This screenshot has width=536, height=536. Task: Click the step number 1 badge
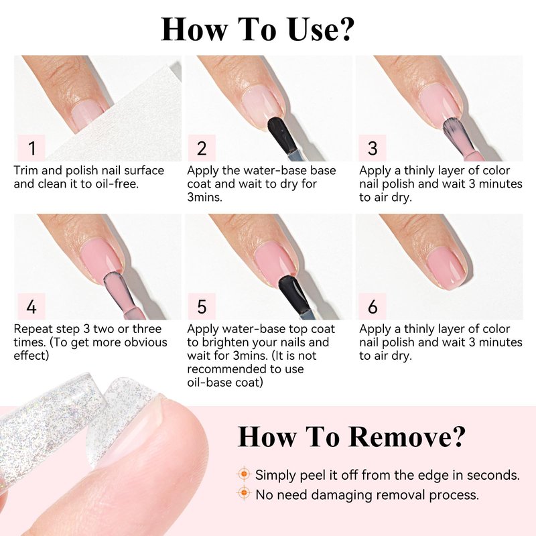tap(31, 147)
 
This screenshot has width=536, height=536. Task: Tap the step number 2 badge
tap(202, 147)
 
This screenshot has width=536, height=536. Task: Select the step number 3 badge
tap(373, 147)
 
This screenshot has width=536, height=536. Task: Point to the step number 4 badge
tap(31, 306)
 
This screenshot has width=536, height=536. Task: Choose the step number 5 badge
tap(202, 306)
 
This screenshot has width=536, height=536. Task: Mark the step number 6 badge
tap(373, 306)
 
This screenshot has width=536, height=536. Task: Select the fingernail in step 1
tap(88, 115)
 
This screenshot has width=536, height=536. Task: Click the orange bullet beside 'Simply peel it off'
tap(244, 474)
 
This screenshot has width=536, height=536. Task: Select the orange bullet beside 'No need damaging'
tap(244, 493)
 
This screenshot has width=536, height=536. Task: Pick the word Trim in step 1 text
tap(26, 170)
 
